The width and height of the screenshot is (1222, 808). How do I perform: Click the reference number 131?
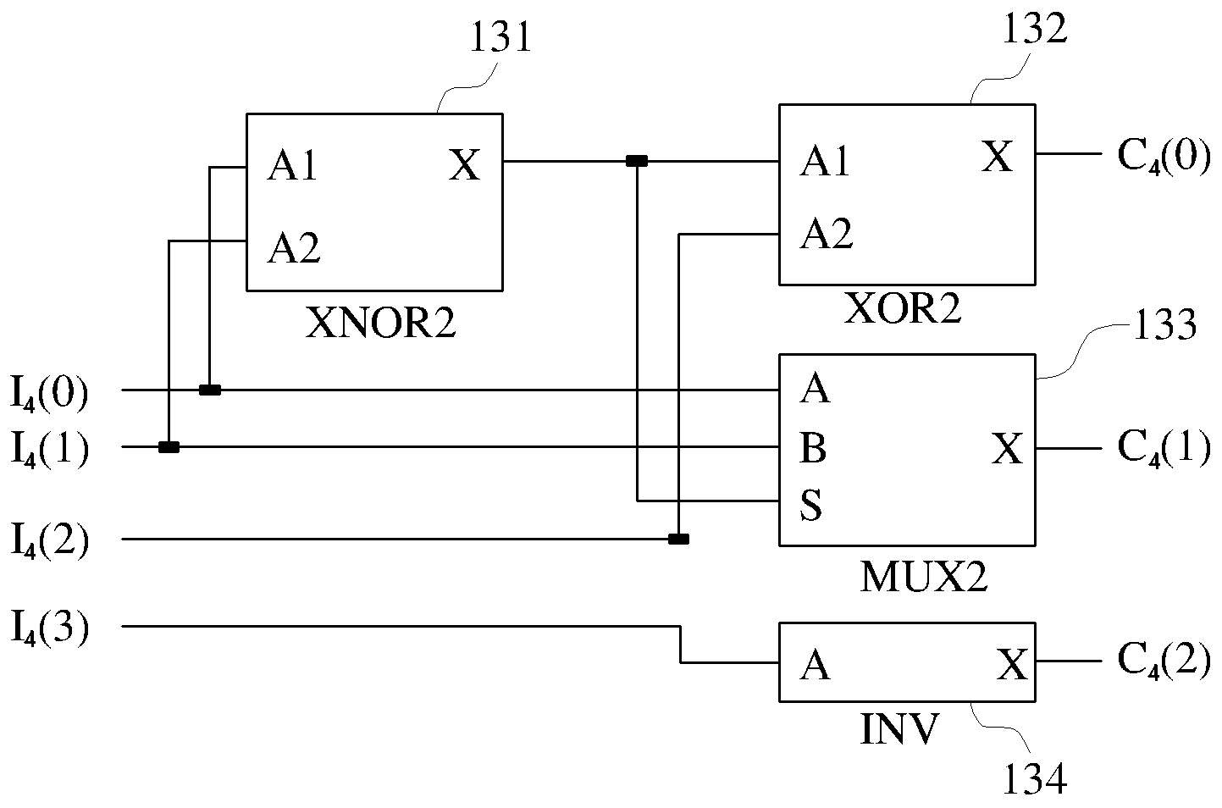(500, 37)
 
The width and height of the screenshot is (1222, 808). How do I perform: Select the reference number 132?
(1035, 28)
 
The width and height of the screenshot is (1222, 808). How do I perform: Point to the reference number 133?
(1164, 325)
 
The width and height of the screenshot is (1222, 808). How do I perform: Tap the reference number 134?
(1035, 778)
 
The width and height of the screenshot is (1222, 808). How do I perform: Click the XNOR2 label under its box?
(380, 323)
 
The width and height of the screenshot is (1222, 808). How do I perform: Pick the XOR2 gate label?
(903, 309)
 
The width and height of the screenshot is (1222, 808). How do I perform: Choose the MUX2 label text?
(924, 578)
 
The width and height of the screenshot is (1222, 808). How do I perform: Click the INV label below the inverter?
(899, 728)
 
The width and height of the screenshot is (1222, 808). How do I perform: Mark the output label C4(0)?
(1164, 157)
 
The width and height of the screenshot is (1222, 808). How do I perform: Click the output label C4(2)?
(1164, 660)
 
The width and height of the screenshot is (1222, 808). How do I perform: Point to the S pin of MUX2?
(810, 505)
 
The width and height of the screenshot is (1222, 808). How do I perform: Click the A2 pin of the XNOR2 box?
(293, 248)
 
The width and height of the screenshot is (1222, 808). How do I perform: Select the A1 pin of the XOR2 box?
(824, 162)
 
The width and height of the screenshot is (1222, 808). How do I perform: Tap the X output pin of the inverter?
(1012, 664)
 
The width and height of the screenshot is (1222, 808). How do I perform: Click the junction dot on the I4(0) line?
(210, 390)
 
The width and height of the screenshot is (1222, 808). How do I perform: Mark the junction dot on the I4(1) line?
(169, 447)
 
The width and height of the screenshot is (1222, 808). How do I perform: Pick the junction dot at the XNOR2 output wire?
(637, 161)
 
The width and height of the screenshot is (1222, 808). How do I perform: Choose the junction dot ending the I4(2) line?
(678, 539)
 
